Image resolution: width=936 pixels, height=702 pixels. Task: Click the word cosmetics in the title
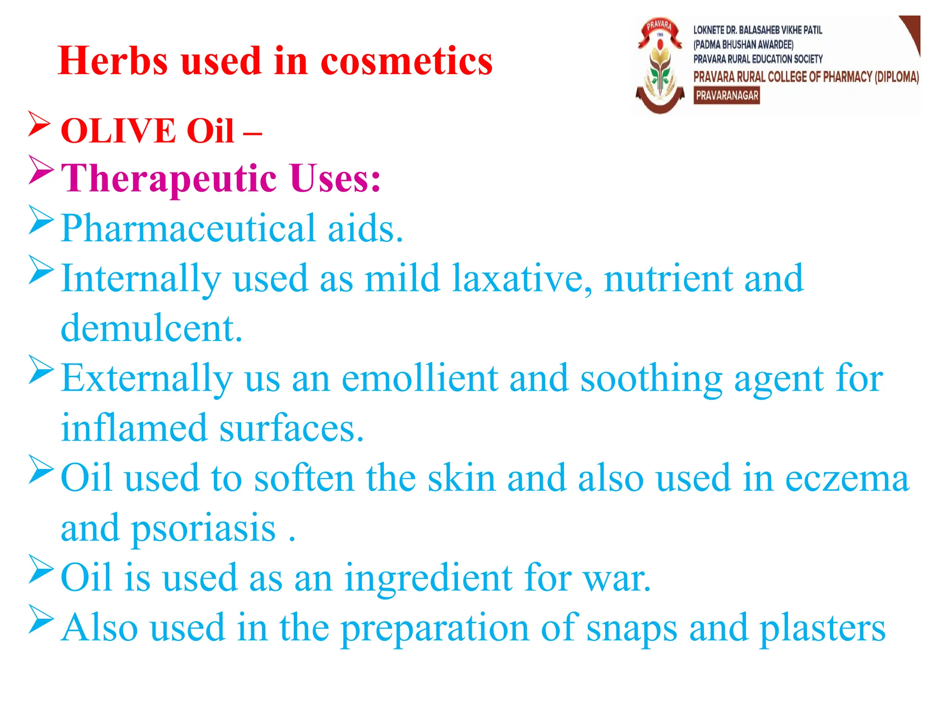click(x=406, y=61)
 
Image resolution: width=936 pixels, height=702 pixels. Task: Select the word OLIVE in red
click(x=118, y=131)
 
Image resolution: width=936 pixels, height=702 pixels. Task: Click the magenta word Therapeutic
click(x=169, y=179)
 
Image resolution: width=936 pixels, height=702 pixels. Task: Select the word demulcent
click(x=151, y=328)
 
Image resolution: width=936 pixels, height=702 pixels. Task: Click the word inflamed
click(x=134, y=428)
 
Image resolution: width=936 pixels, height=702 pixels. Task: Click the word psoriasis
click(x=204, y=528)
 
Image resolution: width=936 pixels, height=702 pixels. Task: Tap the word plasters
click(x=822, y=629)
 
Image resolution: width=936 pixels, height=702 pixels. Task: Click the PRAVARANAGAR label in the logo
click(x=726, y=96)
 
